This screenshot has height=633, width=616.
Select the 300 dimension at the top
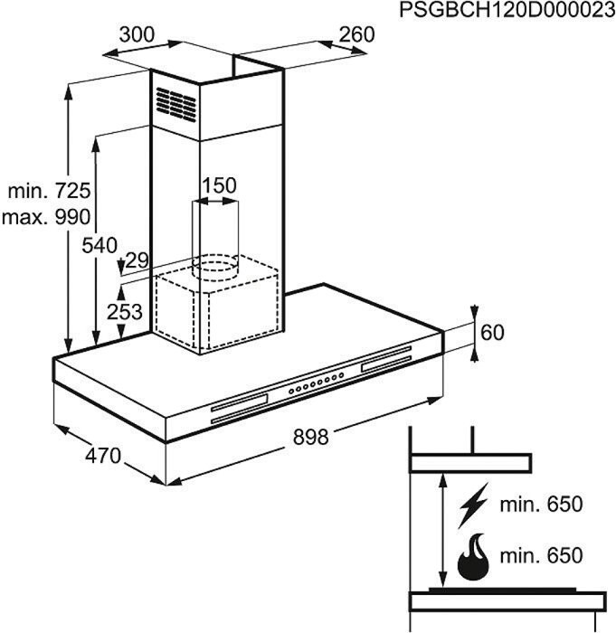[x=137, y=35]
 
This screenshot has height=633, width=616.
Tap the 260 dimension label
[x=355, y=34]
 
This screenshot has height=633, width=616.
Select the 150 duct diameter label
[x=218, y=186]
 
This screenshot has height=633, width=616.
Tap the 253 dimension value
[x=124, y=312]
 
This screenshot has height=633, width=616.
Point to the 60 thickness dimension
[x=492, y=332]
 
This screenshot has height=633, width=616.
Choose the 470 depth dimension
[x=103, y=458]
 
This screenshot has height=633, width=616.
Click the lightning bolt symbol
[x=473, y=506]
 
